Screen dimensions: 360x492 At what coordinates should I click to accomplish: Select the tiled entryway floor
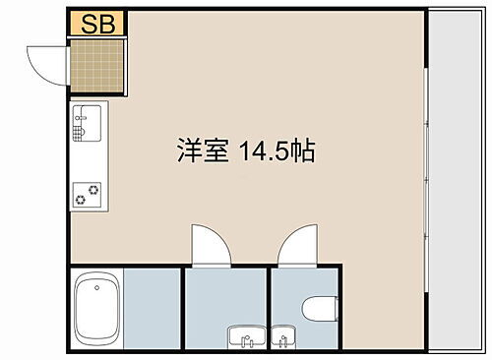96,66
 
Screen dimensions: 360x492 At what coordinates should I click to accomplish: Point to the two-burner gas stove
86,194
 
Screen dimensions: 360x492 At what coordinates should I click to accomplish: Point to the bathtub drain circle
96,288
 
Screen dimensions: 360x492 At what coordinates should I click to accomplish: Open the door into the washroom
210,246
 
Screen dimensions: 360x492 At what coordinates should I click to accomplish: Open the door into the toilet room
295,247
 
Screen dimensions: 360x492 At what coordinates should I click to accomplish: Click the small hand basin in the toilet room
284,340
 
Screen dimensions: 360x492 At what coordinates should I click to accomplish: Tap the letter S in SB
90,25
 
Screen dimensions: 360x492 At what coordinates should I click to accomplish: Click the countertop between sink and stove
87,158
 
